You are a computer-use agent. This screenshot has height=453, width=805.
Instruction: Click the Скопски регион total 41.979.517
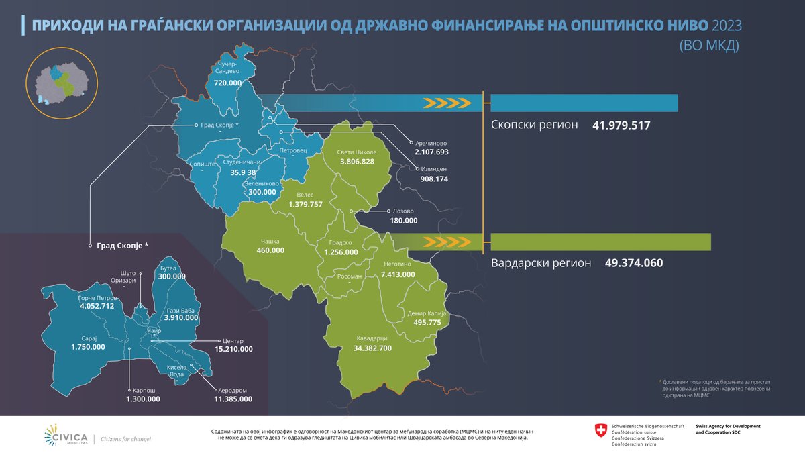tap(622, 125)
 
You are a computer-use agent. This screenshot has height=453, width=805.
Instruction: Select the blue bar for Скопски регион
tap(584, 103)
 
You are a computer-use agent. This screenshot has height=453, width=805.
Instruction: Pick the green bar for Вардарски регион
tap(601, 242)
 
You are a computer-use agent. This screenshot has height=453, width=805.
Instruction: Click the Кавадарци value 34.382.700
tap(363, 349)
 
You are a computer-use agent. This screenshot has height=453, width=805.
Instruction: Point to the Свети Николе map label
tap(356, 152)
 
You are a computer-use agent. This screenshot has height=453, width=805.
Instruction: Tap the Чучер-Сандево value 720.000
tap(228, 83)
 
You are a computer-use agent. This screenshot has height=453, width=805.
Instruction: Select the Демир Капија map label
tap(423, 313)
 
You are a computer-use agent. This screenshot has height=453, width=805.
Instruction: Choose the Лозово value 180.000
tap(403, 220)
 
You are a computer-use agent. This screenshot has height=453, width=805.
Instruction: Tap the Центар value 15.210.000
tap(233, 349)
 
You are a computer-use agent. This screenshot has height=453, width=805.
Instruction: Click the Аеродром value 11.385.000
tap(233, 399)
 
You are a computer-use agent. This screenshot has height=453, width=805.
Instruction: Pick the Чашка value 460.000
tap(270, 250)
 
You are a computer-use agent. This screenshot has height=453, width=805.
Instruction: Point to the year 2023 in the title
tap(733, 26)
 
